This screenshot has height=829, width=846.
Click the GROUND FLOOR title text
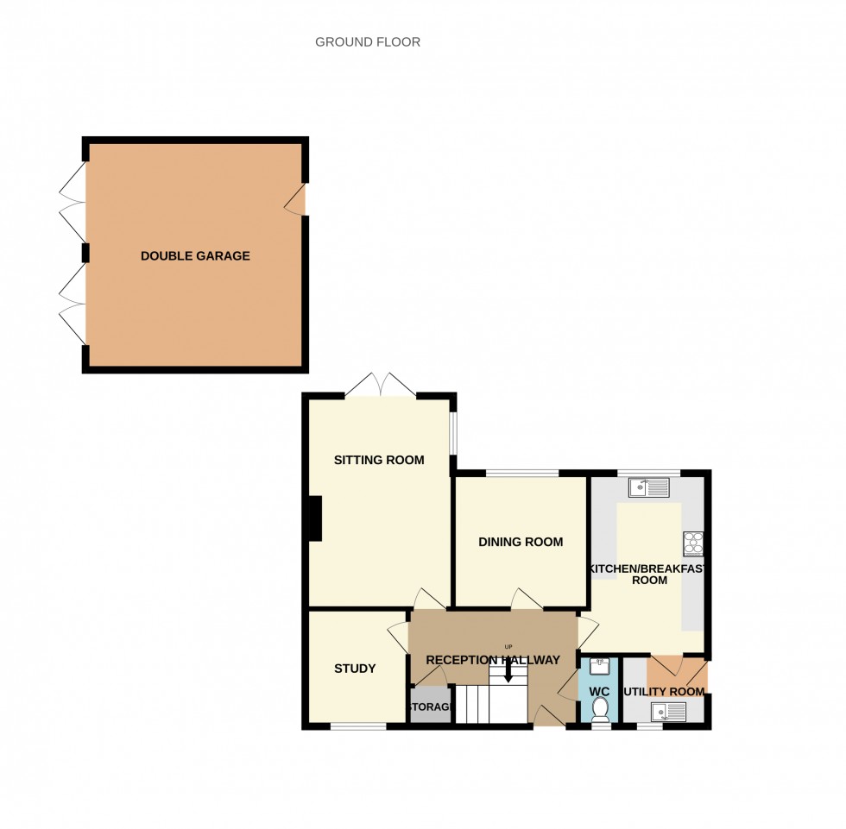click(x=368, y=41)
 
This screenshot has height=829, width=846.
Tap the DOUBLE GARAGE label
click(x=195, y=256)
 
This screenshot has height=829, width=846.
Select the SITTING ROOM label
click(x=379, y=460)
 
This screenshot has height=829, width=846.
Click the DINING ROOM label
click(x=521, y=542)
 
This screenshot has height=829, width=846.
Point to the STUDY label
click(x=355, y=668)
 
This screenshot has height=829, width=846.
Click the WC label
click(x=599, y=692)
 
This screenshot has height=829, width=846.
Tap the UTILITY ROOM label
click(x=664, y=692)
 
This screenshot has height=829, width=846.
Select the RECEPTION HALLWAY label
click(x=493, y=660)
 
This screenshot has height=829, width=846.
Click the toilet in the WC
click(x=601, y=709)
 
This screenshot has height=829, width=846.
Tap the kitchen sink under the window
click(x=648, y=488)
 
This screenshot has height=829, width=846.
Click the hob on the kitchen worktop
click(x=693, y=543)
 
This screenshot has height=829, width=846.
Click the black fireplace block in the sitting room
click(x=314, y=518)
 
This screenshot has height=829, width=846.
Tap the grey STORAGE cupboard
click(x=430, y=705)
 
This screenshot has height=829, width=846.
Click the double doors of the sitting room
click(x=381, y=386)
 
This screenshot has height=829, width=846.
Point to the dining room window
click(x=521, y=473)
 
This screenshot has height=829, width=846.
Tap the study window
click(x=358, y=726)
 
